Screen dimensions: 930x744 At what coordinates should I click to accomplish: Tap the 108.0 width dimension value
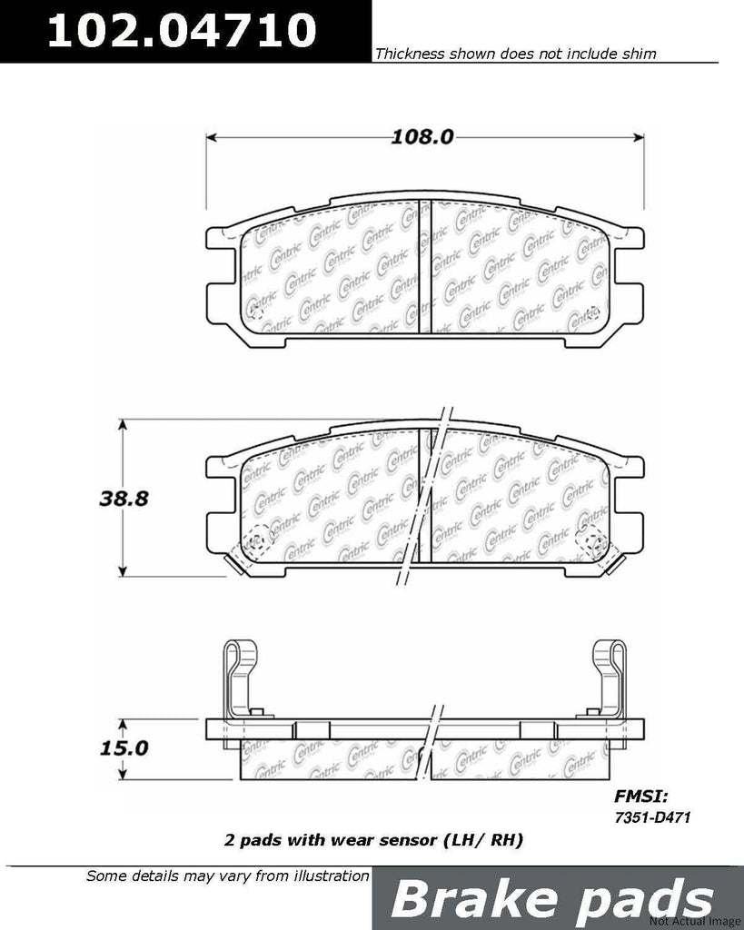pos(422,137)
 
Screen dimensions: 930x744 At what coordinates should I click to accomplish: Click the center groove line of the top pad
pos(421,272)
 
